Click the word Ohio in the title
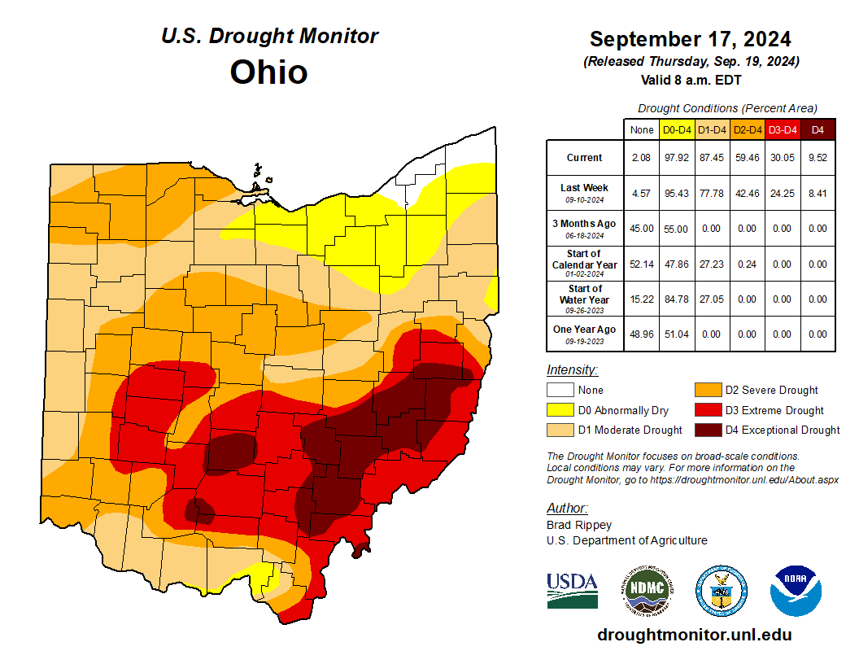(x=268, y=72)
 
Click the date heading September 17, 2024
(x=690, y=39)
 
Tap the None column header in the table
(x=641, y=129)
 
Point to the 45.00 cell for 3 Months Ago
(x=641, y=229)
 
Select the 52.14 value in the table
(x=641, y=264)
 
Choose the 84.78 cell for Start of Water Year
(x=676, y=299)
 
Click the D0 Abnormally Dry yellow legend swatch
(x=558, y=410)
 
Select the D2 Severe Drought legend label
(x=771, y=390)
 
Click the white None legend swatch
(x=558, y=390)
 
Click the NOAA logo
(x=796, y=590)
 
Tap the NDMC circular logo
(x=645, y=590)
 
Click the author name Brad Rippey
(x=578, y=525)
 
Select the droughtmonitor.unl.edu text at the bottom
(x=694, y=635)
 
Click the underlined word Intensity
(x=572, y=369)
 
